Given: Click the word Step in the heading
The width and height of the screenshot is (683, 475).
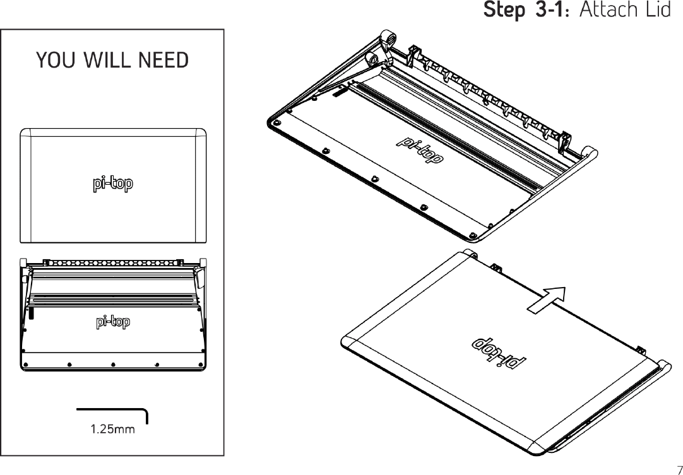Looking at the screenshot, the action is [x=501, y=11].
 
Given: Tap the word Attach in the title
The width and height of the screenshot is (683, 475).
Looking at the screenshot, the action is [x=607, y=11].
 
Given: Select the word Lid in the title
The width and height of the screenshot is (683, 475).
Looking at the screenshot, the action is [x=657, y=11].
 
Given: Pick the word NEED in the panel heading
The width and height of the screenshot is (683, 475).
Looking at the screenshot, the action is [x=163, y=61].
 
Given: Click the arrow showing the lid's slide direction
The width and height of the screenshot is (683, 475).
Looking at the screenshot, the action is [x=545, y=300].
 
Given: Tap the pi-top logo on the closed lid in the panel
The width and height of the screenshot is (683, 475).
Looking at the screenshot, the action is [x=113, y=184].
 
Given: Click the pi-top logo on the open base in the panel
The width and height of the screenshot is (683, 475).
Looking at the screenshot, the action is [x=113, y=322].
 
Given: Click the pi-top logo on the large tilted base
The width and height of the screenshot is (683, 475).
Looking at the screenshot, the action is [x=419, y=150].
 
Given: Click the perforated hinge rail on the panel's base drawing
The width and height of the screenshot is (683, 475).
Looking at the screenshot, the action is [x=113, y=261].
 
